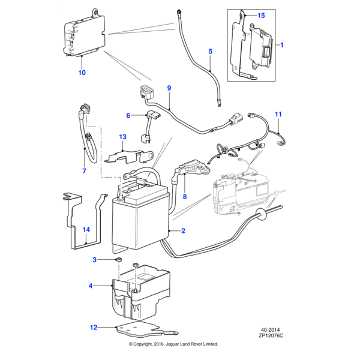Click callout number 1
tap(283, 45)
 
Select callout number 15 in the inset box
tap(261, 14)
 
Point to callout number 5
tap(211, 52)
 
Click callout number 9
tap(169, 88)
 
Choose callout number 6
tap(128, 115)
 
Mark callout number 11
tap(278, 114)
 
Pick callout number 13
tap(122, 137)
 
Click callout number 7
tap(84, 171)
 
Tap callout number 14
tap(86, 229)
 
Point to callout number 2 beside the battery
tap(183, 230)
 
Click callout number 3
tap(95, 259)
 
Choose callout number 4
tap(91, 286)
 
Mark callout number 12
tap(93, 328)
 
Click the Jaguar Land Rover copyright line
tap(173, 344)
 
